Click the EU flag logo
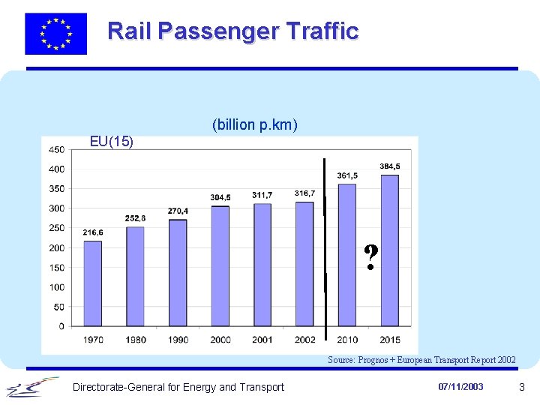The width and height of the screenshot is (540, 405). pos(55,34)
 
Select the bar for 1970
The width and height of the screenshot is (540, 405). pos(92,283)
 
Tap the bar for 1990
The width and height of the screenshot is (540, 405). pos(178,272)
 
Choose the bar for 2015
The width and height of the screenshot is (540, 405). pos(390,250)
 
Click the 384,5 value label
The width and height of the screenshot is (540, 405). pos(389,166)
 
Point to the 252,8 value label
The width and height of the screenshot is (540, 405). pos(135,218)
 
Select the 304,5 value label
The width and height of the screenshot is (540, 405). pos(220,197)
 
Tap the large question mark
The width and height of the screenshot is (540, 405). pos(370,258)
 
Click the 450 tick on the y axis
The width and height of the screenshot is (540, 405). pos(56,149)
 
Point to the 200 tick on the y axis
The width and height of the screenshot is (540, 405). pos(56,247)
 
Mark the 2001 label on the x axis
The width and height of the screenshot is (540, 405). pos(262,340)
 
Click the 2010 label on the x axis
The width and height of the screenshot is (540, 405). pos(347,340)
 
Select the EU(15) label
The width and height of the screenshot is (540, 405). pos(112,141)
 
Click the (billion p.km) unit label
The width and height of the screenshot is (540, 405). pos(255,124)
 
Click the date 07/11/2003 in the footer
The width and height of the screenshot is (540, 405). pos(461,387)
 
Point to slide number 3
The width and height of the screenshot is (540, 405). pos(521,387)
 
